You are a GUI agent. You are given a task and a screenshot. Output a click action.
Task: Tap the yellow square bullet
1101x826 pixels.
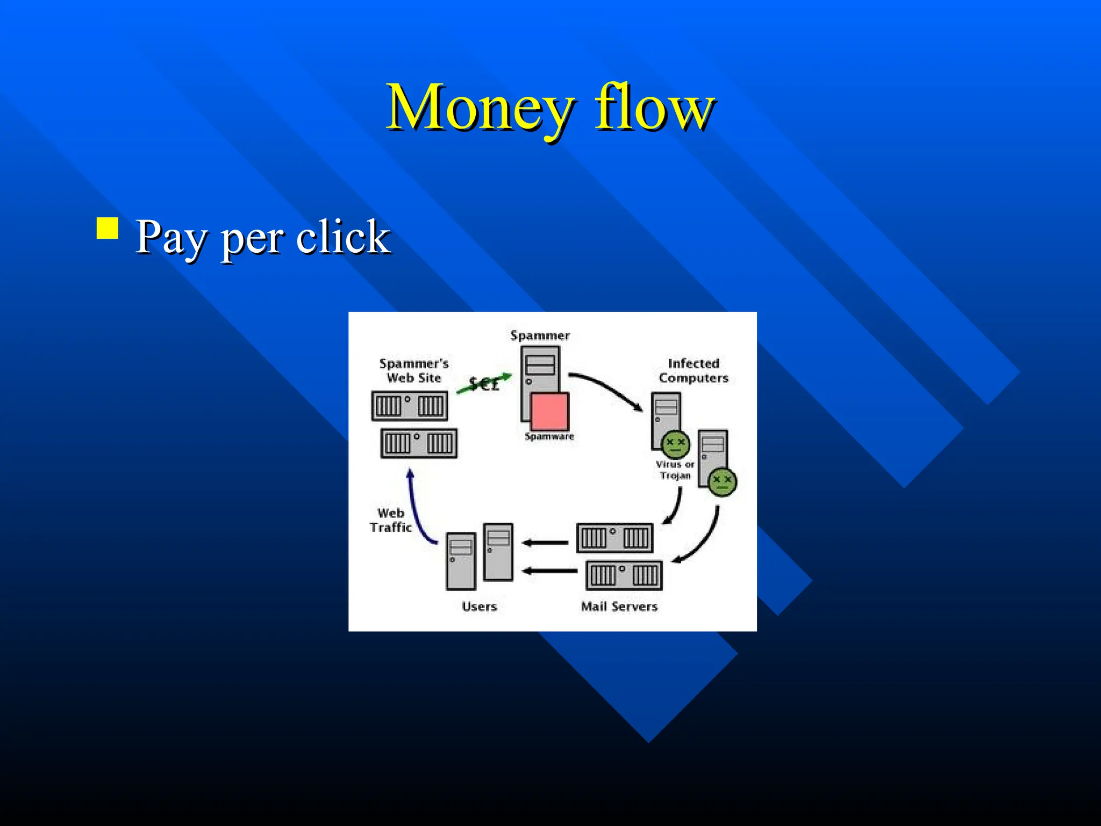[108, 228]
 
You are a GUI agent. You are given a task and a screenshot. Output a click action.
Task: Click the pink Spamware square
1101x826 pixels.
[549, 411]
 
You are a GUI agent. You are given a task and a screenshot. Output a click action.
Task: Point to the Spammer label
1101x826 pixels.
[540, 336]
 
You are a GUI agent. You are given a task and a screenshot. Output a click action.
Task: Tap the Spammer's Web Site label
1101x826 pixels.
[414, 371]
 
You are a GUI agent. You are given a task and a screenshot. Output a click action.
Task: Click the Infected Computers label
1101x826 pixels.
[694, 371]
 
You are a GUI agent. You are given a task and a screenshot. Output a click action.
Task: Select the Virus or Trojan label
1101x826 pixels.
[675, 469]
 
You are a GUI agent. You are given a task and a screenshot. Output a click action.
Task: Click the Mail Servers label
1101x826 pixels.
[619, 607]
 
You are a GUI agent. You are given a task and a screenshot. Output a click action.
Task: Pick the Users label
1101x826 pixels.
[479, 607]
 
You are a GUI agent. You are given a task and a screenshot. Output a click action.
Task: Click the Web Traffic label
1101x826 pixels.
[390, 520]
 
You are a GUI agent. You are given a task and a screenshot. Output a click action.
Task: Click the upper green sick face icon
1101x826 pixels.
[675, 444]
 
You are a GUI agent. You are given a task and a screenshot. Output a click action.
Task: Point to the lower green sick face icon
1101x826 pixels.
[722, 481]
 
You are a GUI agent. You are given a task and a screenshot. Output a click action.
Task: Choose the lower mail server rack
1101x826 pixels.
[624, 575]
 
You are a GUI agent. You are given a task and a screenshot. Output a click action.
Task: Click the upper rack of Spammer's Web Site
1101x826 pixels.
[410, 405]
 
